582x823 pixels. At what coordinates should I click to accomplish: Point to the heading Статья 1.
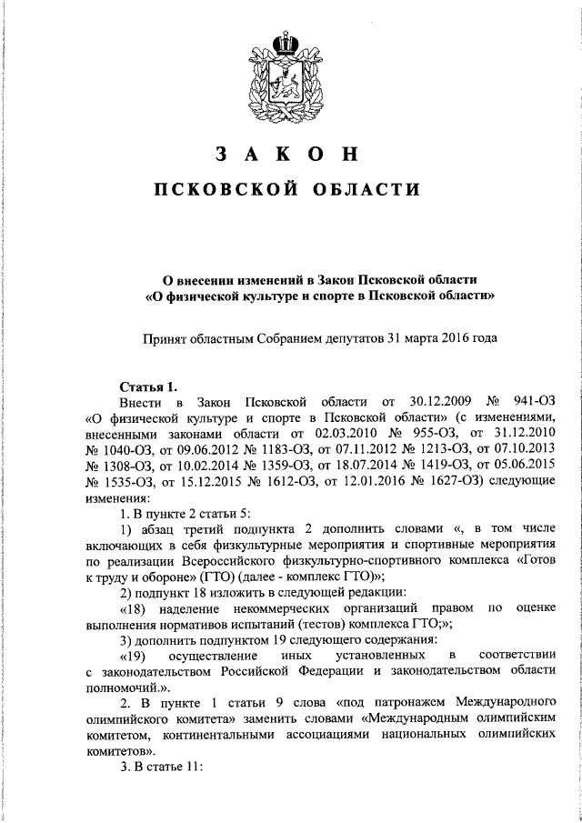(145, 386)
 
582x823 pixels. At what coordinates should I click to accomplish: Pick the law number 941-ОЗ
(533, 402)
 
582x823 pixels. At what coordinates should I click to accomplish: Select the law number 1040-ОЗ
(121, 451)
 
